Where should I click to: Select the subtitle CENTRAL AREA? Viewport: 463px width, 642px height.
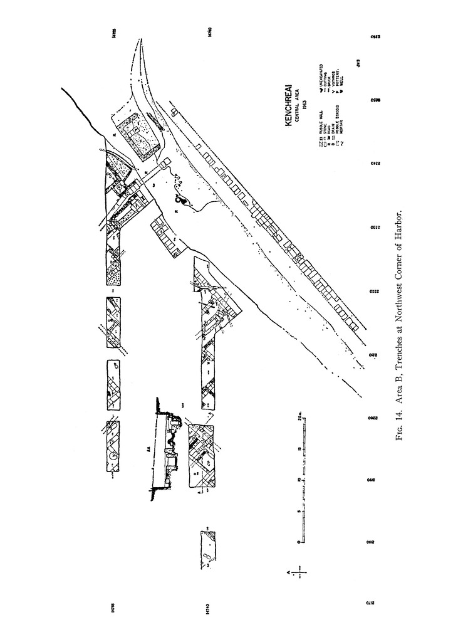[297, 110]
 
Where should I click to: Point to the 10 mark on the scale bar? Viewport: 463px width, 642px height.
[298, 480]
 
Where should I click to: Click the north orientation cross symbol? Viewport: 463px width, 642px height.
[302, 572]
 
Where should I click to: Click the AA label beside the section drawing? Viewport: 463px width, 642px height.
[148, 450]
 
